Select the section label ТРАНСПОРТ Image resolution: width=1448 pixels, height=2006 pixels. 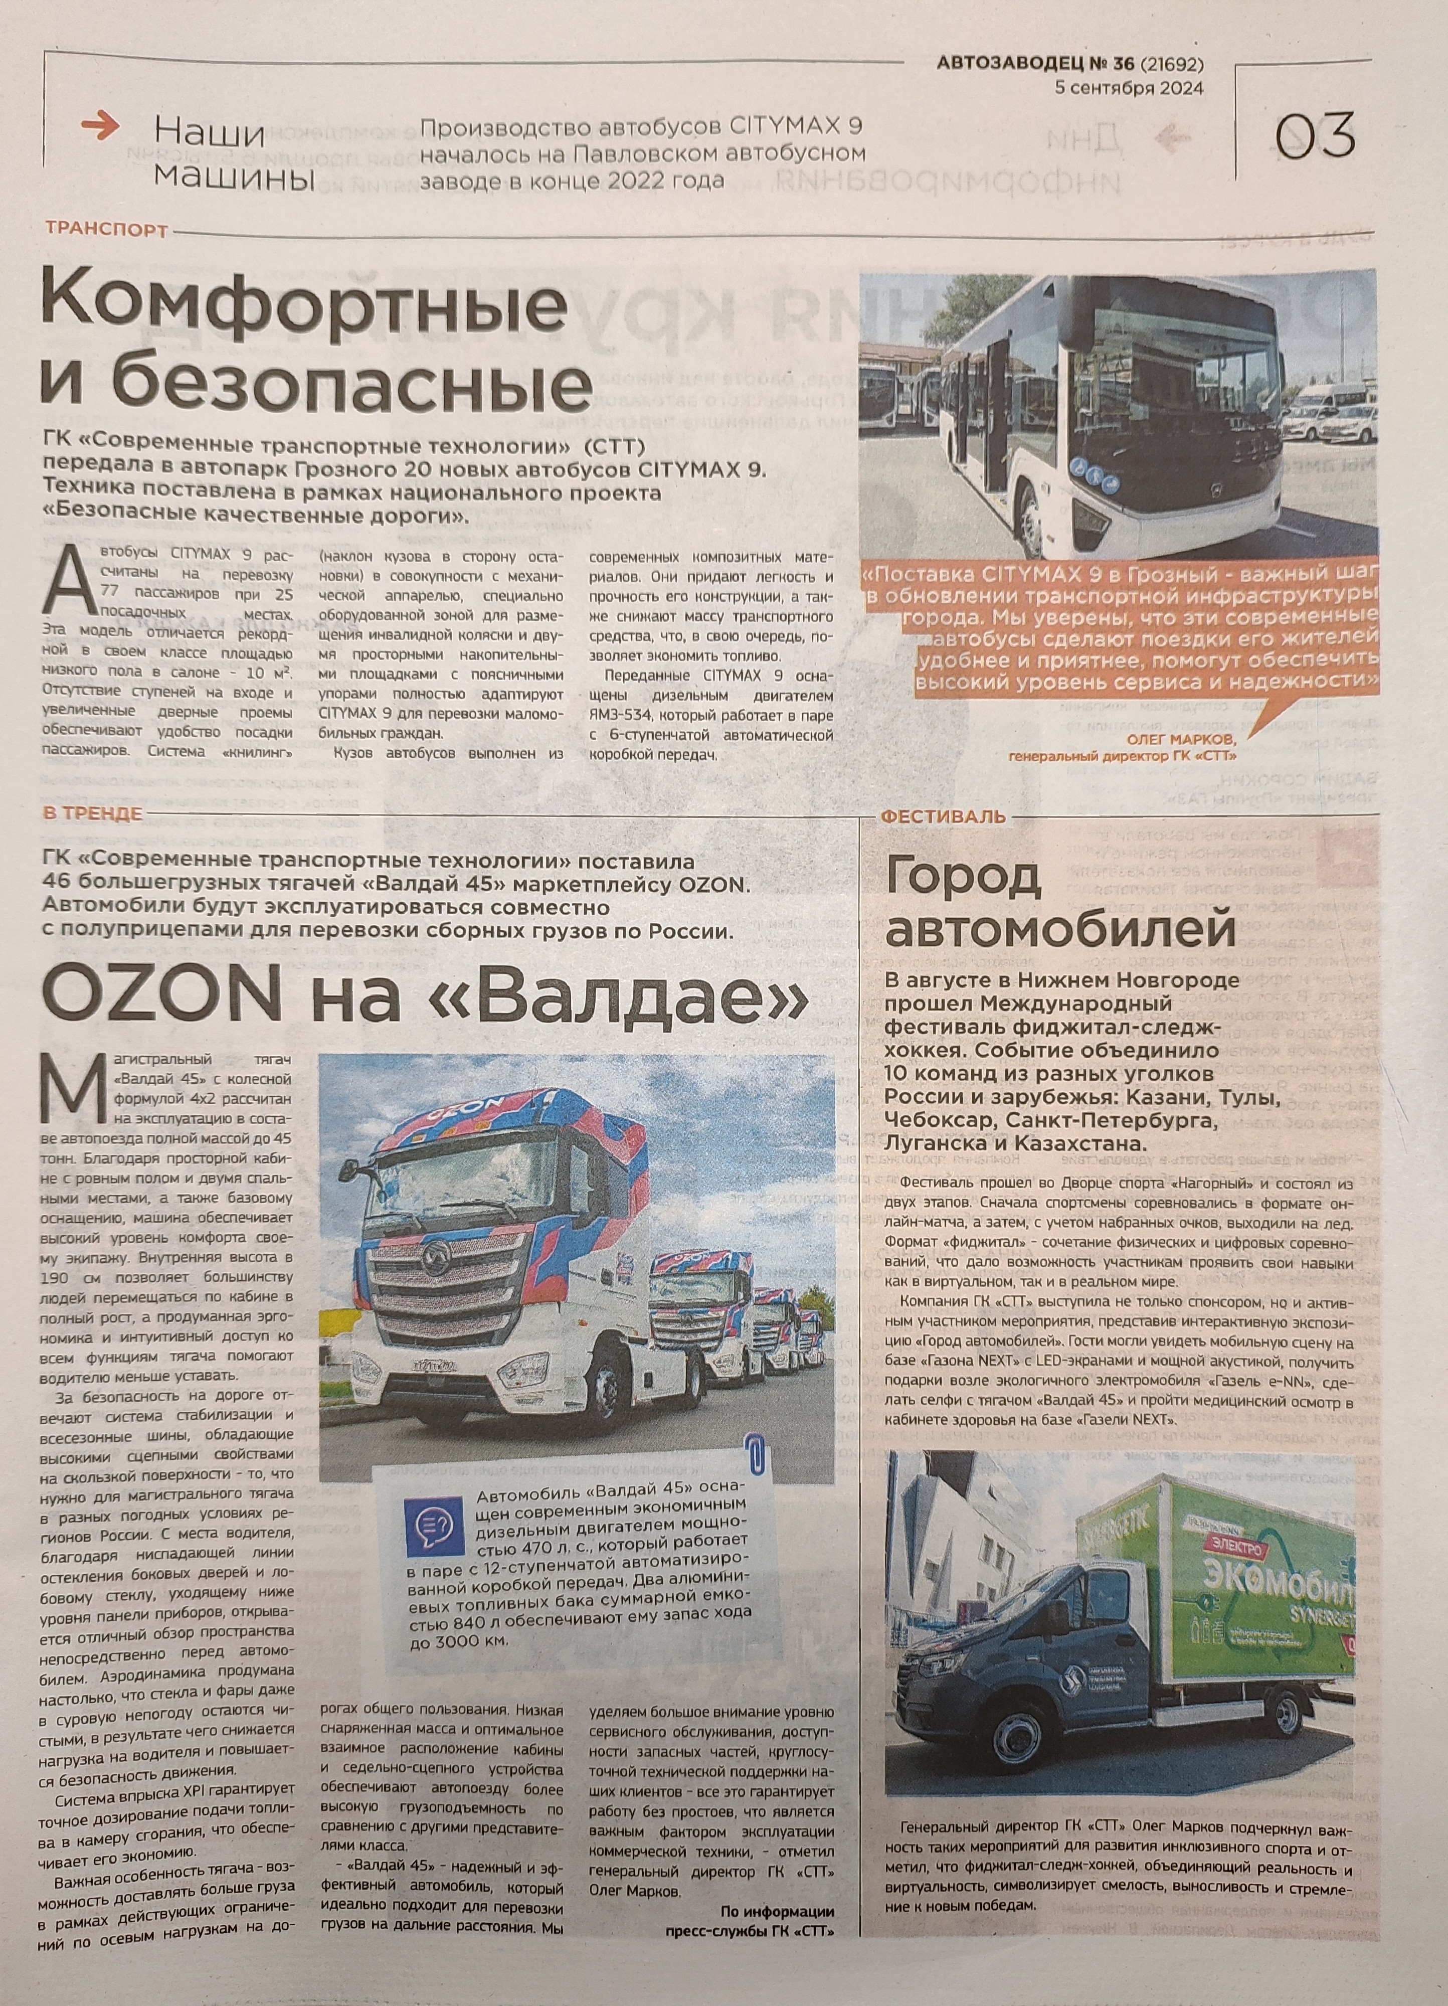tap(106, 231)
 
